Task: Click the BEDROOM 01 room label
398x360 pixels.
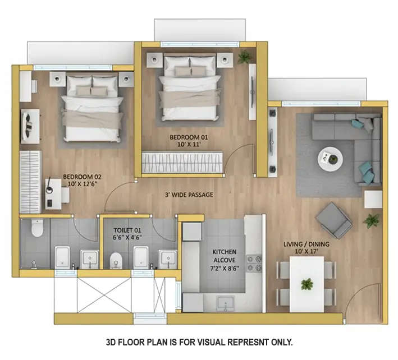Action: click(x=185, y=137)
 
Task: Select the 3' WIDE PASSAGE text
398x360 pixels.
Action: click(x=189, y=195)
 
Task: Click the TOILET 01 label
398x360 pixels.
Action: click(x=127, y=230)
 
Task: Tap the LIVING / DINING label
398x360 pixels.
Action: click(x=306, y=244)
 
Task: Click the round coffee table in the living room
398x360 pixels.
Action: click(x=329, y=159)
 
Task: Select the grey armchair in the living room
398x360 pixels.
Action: click(x=333, y=219)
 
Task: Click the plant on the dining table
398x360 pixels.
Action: click(x=306, y=284)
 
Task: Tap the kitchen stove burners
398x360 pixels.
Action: click(x=254, y=263)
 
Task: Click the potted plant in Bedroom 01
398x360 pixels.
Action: click(x=244, y=57)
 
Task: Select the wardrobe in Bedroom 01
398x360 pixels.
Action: click(x=183, y=163)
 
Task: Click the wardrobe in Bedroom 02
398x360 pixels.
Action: click(x=30, y=181)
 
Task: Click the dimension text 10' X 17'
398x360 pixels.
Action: click(x=306, y=252)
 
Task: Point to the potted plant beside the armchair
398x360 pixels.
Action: click(x=371, y=220)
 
